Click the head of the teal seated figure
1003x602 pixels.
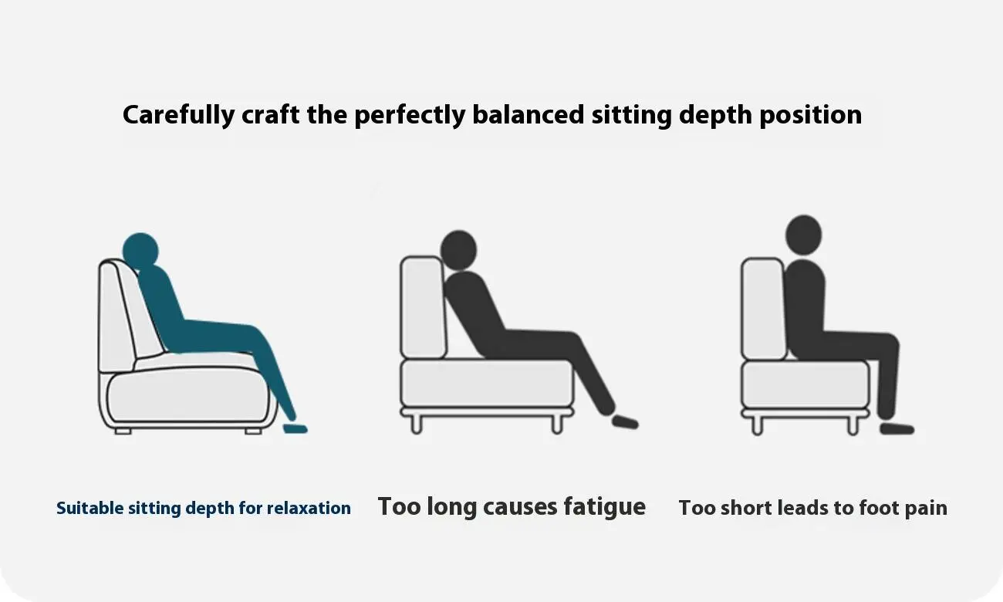tap(140, 251)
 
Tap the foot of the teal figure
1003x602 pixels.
tap(295, 428)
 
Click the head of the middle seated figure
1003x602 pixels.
tap(458, 250)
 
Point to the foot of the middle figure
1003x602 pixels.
tap(625, 422)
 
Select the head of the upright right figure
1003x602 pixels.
tap(804, 235)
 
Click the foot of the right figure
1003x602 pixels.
tap(897, 428)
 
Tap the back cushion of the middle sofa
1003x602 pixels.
tap(423, 307)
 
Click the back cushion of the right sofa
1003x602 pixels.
tap(763, 309)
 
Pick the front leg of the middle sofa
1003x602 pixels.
tap(557, 424)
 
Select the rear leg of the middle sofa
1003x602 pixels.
tap(417, 424)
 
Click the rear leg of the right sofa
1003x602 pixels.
tap(757, 425)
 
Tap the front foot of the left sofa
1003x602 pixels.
tap(253, 431)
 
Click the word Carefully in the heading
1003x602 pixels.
tap(179, 115)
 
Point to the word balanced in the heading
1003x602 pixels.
tap(529, 114)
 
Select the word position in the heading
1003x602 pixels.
tap(810, 115)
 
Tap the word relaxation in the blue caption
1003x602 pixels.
tap(309, 508)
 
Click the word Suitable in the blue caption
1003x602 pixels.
tap(90, 508)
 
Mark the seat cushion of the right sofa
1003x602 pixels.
tap(805, 385)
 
